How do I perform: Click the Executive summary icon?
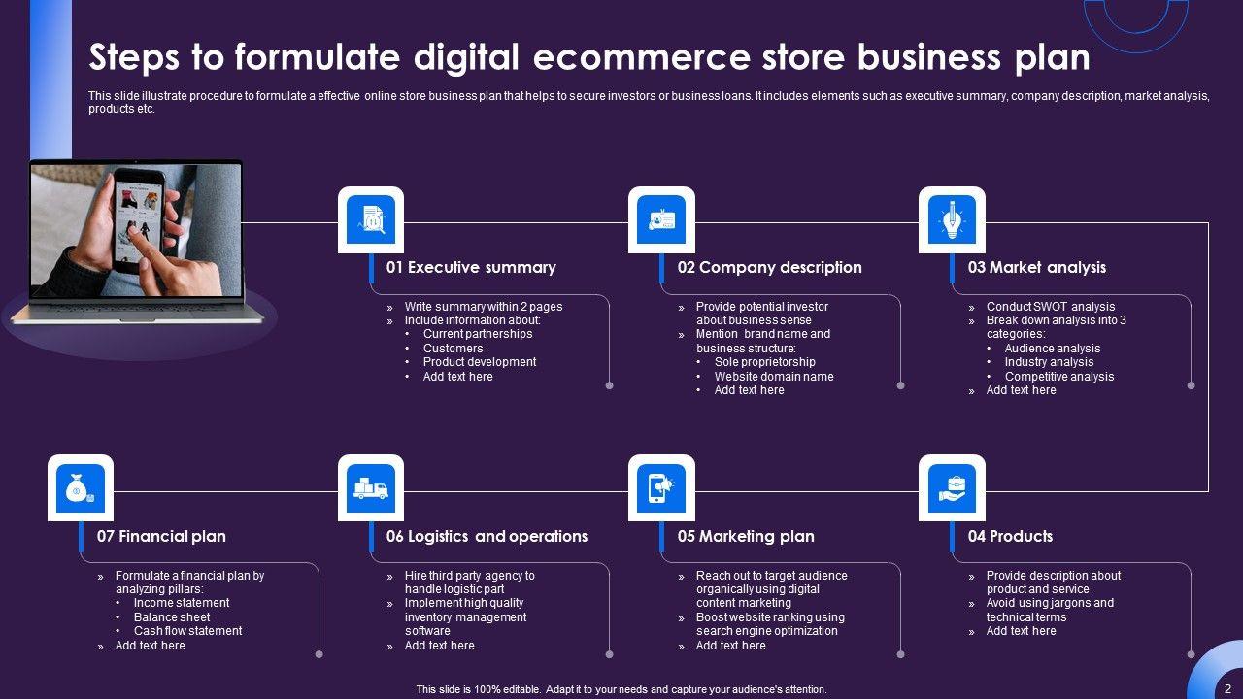(371, 219)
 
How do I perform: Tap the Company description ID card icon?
(661, 219)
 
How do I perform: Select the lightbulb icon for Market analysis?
(952, 219)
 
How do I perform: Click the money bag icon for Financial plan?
(81, 488)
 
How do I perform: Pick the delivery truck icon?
(371, 488)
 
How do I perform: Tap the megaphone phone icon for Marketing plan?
(661, 488)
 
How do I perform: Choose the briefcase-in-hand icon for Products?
(952, 488)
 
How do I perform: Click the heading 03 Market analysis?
(1036, 267)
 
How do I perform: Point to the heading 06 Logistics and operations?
(487, 536)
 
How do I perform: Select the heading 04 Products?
(1010, 536)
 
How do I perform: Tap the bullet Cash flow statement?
(187, 631)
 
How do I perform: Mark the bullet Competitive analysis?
(1059, 377)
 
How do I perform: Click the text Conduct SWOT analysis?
(1051, 307)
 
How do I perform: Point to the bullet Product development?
(480, 362)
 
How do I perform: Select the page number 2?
(1227, 688)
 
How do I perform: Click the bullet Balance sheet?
(172, 617)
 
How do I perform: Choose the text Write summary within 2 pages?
(484, 307)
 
